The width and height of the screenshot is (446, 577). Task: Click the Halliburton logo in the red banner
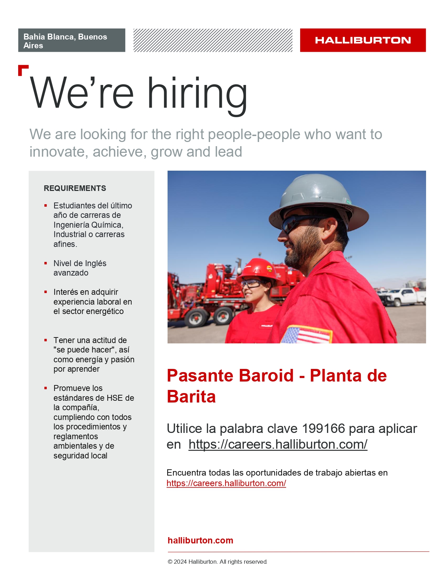pyautogui.click(x=363, y=40)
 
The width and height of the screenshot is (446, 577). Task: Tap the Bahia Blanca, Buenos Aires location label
pyautogui.click(x=65, y=41)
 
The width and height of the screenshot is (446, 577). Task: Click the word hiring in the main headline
pyautogui.click(x=197, y=96)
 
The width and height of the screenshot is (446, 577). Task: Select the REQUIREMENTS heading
pyautogui.click(x=75, y=188)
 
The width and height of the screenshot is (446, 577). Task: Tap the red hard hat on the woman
pyautogui.click(x=259, y=270)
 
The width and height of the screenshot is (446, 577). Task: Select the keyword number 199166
pyautogui.click(x=323, y=429)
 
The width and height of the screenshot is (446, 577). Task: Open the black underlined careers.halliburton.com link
pyautogui.click(x=278, y=444)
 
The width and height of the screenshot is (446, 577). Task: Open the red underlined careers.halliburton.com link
pyautogui.click(x=226, y=483)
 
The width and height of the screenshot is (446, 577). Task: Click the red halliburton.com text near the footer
pyautogui.click(x=200, y=540)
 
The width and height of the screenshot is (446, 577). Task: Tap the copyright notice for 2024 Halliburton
pyautogui.click(x=217, y=562)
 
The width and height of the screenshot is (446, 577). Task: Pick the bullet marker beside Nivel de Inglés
pyautogui.click(x=46, y=263)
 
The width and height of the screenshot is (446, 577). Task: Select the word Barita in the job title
pyautogui.click(x=191, y=397)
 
